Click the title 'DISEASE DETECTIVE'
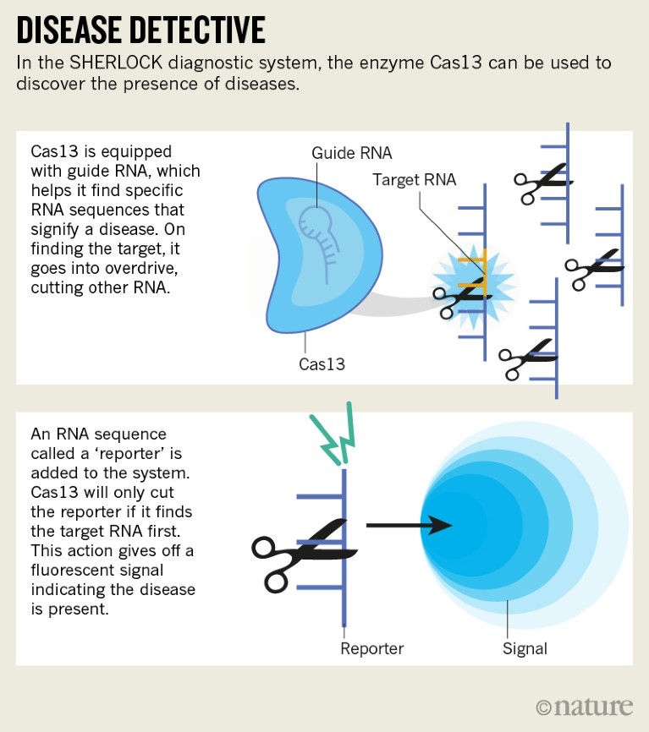[x=140, y=29]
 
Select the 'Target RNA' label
[x=415, y=179]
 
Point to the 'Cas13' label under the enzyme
[x=322, y=364]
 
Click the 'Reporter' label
[x=371, y=649]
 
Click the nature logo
[x=591, y=705]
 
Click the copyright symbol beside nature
[x=544, y=707]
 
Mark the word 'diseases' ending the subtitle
[x=264, y=85]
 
